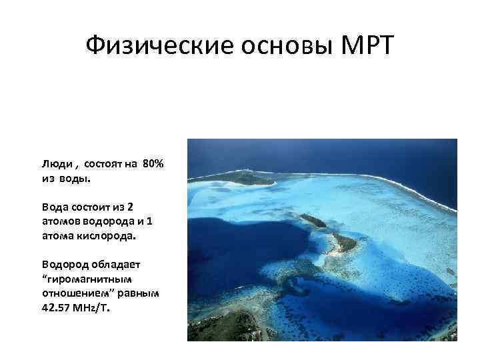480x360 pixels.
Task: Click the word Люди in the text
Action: (53, 165)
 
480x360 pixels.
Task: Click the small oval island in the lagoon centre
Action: (312, 221)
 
